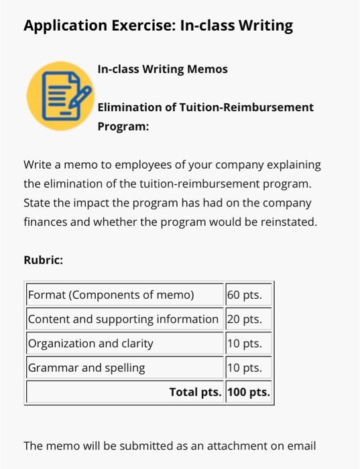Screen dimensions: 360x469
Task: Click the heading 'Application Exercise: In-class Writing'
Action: coord(158,26)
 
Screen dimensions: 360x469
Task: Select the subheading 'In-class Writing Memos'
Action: coord(162,69)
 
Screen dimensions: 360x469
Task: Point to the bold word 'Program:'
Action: coord(123,126)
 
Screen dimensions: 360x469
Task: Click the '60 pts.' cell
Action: coord(248,295)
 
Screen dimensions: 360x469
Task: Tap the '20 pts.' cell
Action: coord(248,319)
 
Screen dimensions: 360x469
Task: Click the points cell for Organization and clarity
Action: coord(248,344)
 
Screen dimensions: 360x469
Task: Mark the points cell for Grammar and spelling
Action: coord(248,368)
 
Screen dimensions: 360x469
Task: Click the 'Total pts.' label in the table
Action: coord(195,392)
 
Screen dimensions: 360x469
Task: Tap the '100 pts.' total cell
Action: coord(249,392)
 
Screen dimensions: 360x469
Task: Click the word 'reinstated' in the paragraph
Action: coord(290,221)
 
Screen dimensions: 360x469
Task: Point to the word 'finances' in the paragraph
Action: coord(44,221)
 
